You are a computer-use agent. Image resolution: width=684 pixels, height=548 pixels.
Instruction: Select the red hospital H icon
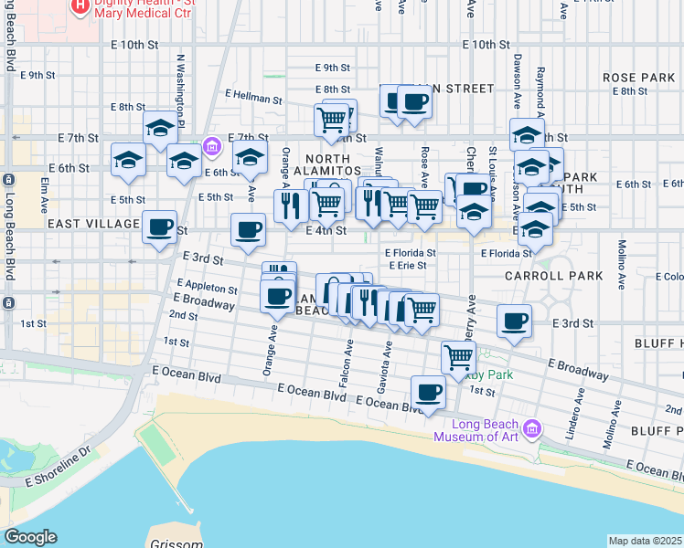[x=80, y=7]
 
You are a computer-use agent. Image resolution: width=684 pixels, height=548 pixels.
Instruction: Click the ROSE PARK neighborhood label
[x=638, y=78]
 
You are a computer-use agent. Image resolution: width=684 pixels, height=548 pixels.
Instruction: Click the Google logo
[x=30, y=537]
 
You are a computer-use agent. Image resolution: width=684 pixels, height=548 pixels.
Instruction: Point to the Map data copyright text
[x=646, y=541]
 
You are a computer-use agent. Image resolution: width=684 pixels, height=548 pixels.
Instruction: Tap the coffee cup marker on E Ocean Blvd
[x=427, y=393]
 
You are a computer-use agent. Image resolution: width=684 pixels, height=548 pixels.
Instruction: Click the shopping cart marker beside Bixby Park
[x=458, y=358]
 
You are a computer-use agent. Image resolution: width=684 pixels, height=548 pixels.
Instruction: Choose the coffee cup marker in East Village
[x=160, y=227]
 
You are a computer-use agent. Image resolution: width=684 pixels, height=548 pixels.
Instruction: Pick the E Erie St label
[x=407, y=266]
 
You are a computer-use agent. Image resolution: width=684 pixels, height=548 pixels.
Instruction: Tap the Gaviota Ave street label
[x=387, y=363]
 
